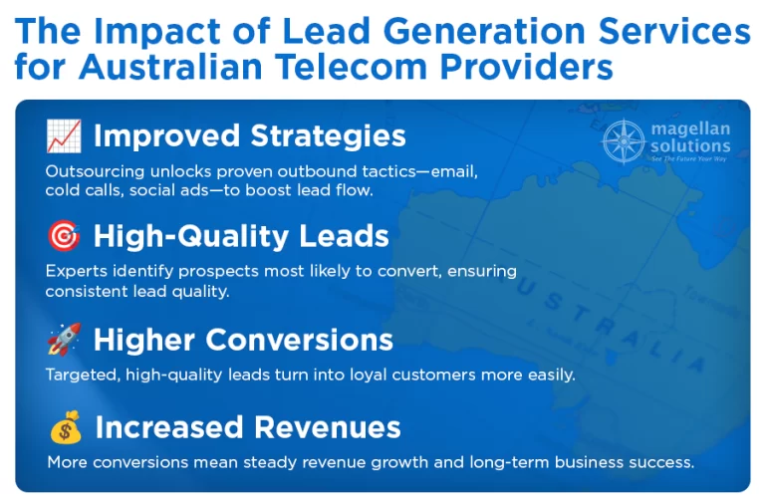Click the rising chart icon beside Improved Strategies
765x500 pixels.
(x=64, y=135)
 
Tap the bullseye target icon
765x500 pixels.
(x=64, y=236)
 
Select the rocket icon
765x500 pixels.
(x=64, y=339)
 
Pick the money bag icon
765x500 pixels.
(x=66, y=427)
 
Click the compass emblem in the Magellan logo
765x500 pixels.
(x=624, y=141)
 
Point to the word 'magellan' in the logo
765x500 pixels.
(x=690, y=129)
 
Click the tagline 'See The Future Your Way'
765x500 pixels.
(x=689, y=158)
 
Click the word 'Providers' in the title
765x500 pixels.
(x=526, y=67)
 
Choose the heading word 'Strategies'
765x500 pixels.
(x=328, y=136)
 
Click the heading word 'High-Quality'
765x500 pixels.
(x=191, y=237)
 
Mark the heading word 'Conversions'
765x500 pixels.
(x=299, y=340)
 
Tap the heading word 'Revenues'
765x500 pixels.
(x=327, y=427)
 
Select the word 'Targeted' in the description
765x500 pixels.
(x=83, y=375)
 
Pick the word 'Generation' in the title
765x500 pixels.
(x=484, y=32)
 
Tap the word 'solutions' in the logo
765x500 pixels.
(x=690, y=145)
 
